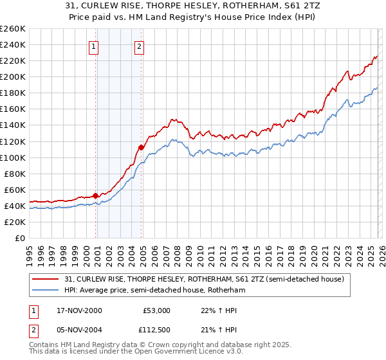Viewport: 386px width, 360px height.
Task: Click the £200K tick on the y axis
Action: [13, 76]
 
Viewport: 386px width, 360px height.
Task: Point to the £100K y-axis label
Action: [13, 157]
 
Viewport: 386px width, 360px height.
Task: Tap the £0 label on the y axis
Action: [20, 238]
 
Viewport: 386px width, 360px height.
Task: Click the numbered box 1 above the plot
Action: [94, 46]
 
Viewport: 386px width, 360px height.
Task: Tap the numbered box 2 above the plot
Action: [139, 46]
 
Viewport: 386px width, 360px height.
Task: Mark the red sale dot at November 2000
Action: [96, 195]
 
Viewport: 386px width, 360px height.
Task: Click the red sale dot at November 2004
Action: [141, 147]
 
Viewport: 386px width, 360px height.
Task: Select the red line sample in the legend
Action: [47, 279]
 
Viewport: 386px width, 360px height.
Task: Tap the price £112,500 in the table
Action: [156, 330]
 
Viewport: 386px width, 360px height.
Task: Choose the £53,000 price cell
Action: [156, 310]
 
